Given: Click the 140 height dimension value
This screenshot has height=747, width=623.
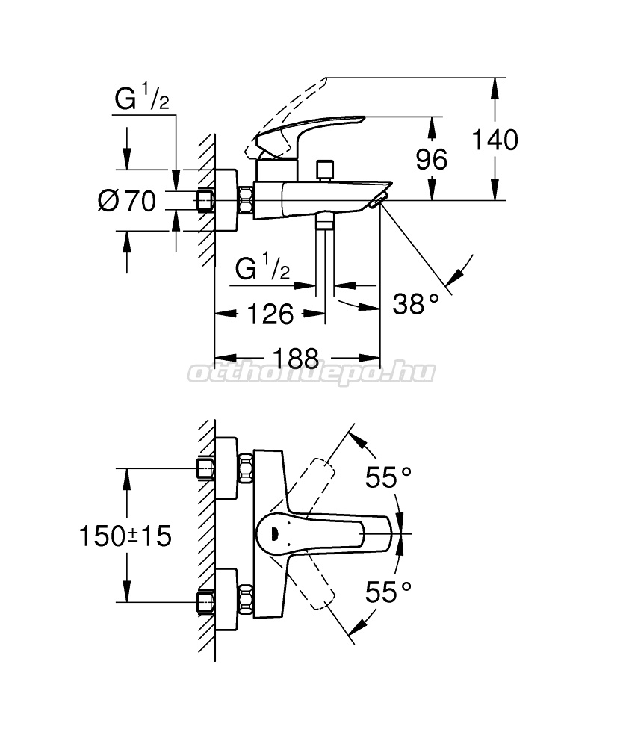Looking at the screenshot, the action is [495, 140].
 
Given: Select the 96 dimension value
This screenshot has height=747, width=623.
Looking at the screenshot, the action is [432, 159].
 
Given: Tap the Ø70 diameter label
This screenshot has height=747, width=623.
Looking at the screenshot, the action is [127, 200].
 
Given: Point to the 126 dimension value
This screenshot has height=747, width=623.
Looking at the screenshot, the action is [270, 314].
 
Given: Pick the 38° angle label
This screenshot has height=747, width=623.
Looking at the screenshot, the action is [415, 303].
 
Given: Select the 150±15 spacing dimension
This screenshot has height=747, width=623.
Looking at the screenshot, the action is [125, 536].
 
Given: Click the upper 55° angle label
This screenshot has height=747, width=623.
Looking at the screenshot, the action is [388, 477].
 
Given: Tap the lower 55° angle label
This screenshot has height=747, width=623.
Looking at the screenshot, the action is [388, 592].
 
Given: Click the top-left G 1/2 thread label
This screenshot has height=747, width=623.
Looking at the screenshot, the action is [142, 99].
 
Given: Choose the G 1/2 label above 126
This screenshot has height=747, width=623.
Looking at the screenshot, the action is [262, 267].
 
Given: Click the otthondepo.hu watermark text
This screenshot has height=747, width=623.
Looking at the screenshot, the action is [311, 373].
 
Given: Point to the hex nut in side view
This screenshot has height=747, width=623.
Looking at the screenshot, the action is [245, 199].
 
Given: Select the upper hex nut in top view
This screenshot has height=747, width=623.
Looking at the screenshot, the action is [245, 469].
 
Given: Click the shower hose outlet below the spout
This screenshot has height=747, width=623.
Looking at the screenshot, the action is [325, 220].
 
